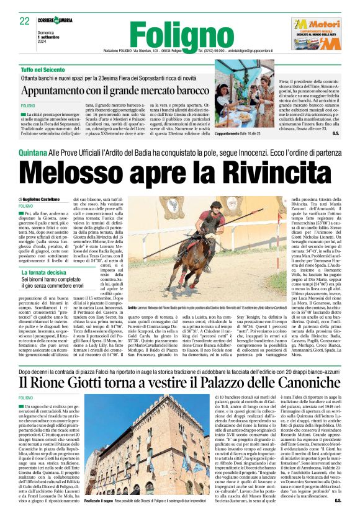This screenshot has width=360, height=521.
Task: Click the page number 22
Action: pos(24,20)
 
